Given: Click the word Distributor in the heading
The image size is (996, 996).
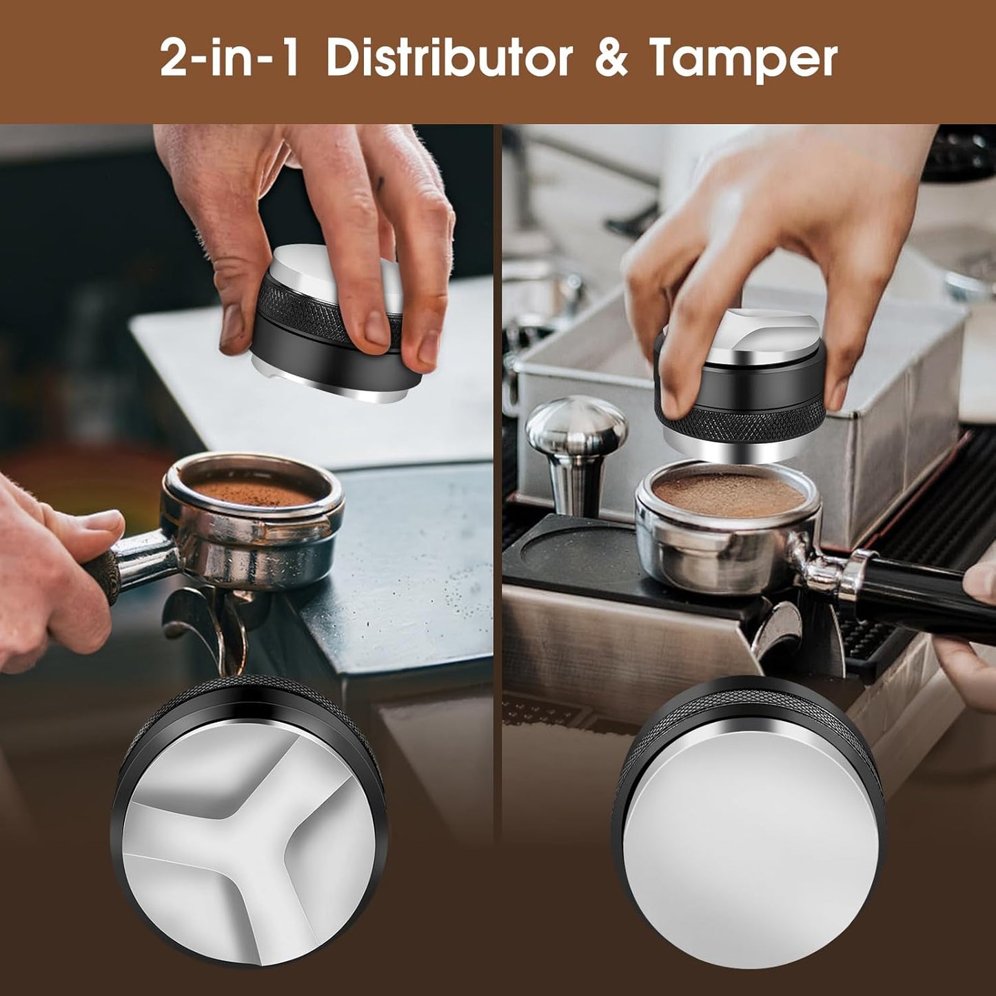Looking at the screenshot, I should [x=449, y=59].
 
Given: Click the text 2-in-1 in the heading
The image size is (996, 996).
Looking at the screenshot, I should [x=230, y=59].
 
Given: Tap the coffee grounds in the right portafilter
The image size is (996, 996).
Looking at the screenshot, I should [x=726, y=491].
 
